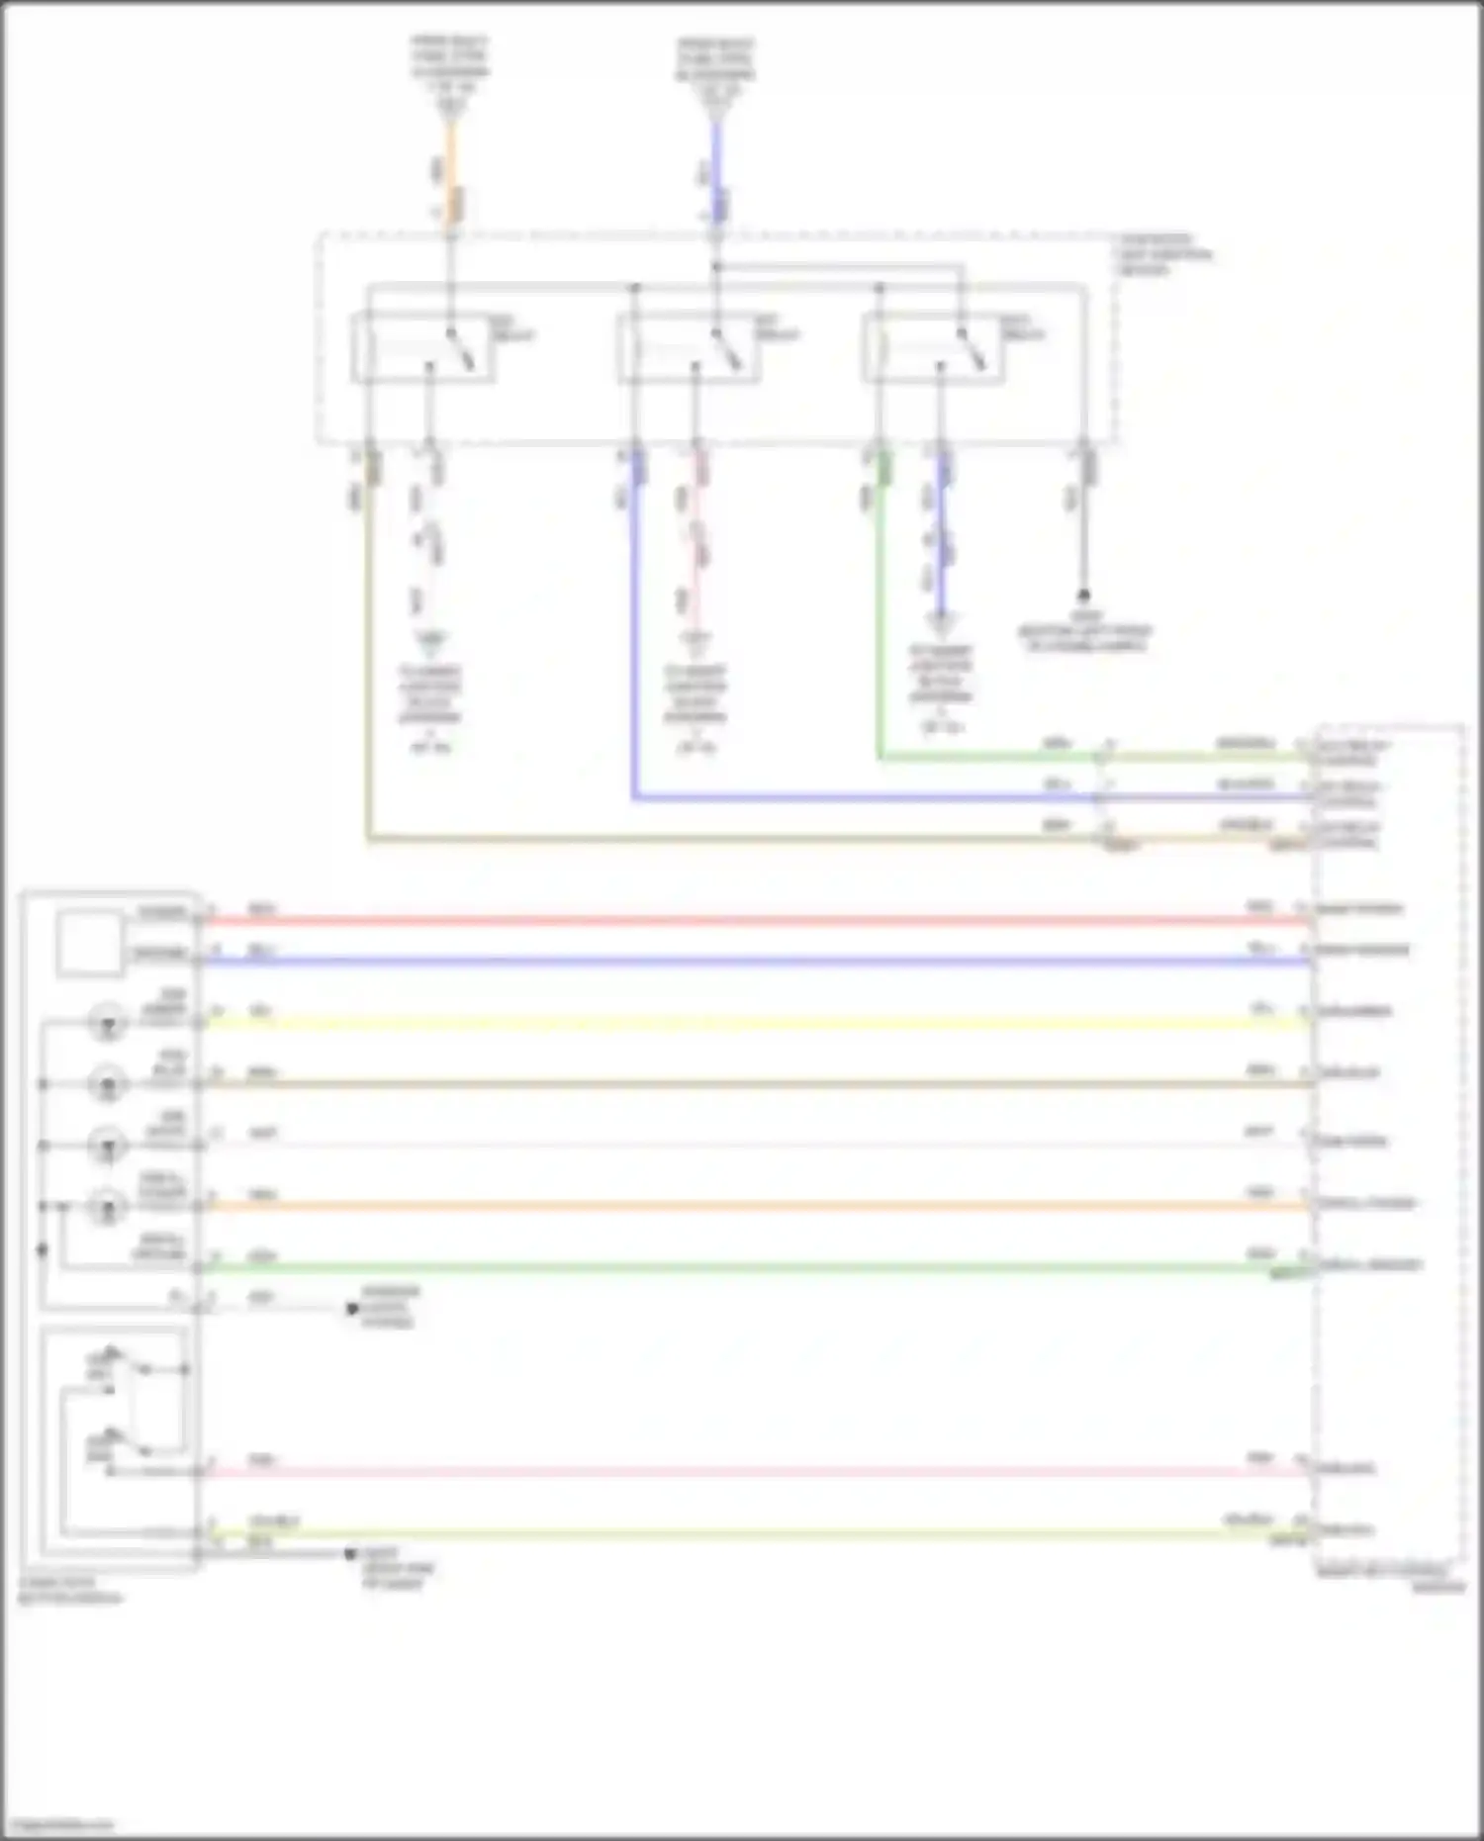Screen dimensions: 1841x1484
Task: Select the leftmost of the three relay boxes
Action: pos(423,347)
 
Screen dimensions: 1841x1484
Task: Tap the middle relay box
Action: pos(690,347)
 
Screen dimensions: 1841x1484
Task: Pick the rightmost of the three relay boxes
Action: pos(934,347)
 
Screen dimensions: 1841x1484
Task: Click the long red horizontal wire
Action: pos(752,921)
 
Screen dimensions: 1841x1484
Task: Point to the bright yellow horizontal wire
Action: pos(752,1024)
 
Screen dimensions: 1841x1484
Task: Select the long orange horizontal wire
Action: pos(752,1207)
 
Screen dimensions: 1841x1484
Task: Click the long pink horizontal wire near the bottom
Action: pos(752,1472)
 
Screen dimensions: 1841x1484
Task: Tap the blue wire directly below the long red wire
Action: pos(752,962)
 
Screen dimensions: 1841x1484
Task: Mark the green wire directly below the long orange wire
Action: pos(752,1268)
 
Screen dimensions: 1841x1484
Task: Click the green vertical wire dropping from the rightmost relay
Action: pos(880,613)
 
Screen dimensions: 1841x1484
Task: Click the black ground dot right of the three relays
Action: pos(1084,596)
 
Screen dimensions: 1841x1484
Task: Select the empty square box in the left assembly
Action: pos(90,944)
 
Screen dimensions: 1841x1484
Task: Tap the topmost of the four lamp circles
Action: pos(107,1022)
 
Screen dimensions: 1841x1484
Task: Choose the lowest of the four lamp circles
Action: pos(107,1207)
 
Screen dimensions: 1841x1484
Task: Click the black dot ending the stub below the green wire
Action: pos(351,1309)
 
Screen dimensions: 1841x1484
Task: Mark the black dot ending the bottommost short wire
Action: pos(349,1554)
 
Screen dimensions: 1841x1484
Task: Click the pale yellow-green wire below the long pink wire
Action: pos(752,1533)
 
